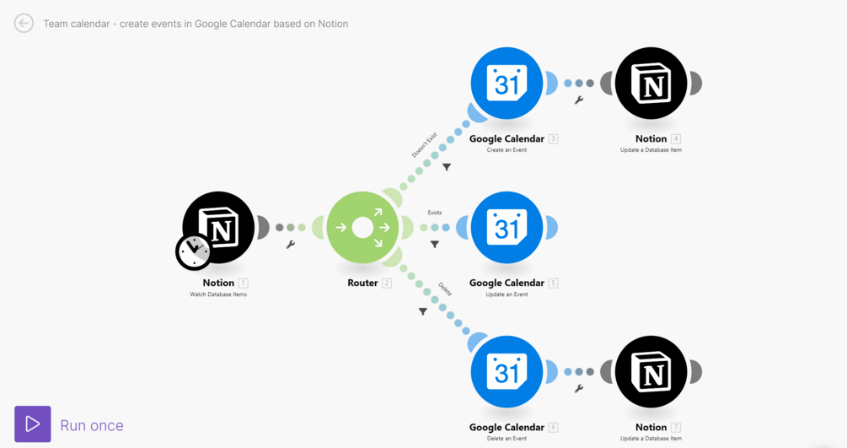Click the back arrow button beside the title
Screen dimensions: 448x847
pyautogui.click(x=24, y=24)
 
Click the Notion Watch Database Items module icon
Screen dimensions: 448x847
pyautogui.click(x=221, y=225)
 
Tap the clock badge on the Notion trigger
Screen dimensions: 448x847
pyautogui.click(x=194, y=251)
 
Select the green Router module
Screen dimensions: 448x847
pyautogui.click(x=362, y=228)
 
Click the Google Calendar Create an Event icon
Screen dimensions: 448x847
pyautogui.click(x=507, y=84)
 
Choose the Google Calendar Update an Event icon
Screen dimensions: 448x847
pyautogui.click(x=507, y=228)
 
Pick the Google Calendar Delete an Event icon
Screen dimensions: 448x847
pyautogui.click(x=507, y=372)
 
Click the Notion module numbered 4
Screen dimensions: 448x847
pyautogui.click(x=651, y=84)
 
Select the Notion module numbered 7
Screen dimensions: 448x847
pyautogui.click(x=651, y=372)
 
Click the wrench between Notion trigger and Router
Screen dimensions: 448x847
pyautogui.click(x=291, y=245)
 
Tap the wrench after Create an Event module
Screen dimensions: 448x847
pyautogui.click(x=579, y=100)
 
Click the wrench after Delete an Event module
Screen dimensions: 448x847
pyautogui.click(x=579, y=389)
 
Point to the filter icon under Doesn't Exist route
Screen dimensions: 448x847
pyautogui.click(x=447, y=167)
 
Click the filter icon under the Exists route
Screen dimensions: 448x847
pyautogui.click(x=435, y=245)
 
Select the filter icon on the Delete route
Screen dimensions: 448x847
pyautogui.click(x=423, y=311)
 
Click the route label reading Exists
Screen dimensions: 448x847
pyautogui.click(x=435, y=213)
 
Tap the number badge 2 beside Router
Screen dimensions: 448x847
pyautogui.click(x=387, y=283)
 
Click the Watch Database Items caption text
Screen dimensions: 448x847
pyautogui.click(x=218, y=294)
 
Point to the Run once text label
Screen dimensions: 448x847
pyautogui.click(x=92, y=425)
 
